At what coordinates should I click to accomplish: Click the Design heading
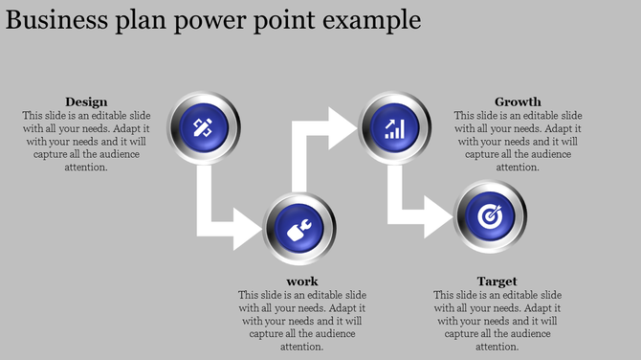point(86,101)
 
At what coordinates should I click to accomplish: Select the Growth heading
point(518,101)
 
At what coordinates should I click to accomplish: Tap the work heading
point(301,281)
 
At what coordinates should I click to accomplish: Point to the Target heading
point(497,281)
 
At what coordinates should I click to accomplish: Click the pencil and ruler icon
point(203,126)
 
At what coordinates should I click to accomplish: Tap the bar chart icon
point(394,126)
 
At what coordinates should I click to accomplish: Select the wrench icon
point(298,228)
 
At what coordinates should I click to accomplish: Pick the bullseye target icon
point(490,216)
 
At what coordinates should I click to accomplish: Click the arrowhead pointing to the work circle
point(247,228)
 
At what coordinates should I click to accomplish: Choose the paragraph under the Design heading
point(86,141)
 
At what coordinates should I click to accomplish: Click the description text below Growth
point(518,141)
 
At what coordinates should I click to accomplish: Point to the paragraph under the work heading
point(301,321)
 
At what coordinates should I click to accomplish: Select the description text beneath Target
point(497,321)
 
